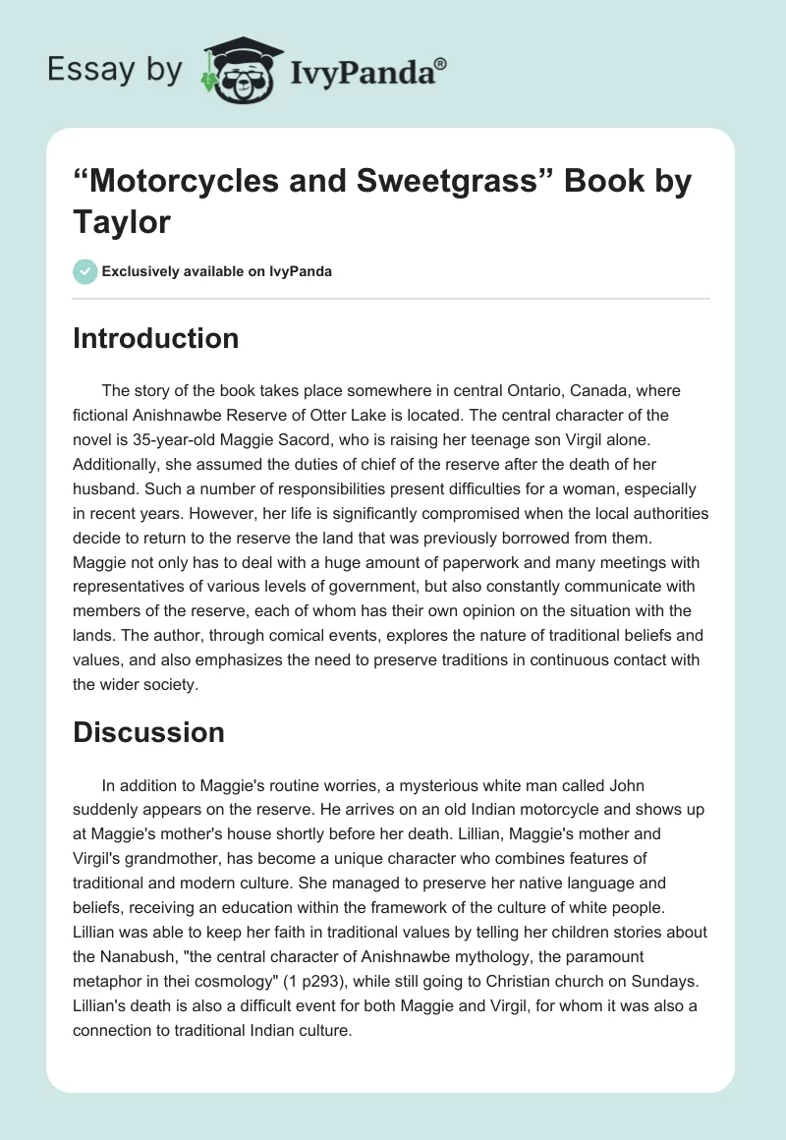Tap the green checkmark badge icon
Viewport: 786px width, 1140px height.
pyautogui.click(x=84, y=272)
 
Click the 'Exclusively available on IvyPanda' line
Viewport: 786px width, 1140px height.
pyautogui.click(x=216, y=272)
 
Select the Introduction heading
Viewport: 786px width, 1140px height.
pyautogui.click(x=156, y=338)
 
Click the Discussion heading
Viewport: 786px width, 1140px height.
pyautogui.click(x=148, y=732)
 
